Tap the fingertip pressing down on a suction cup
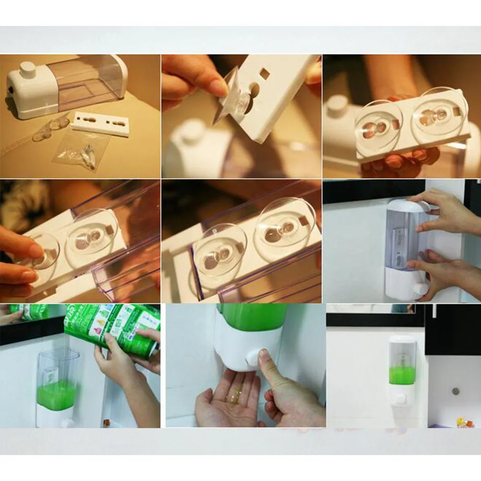[36, 251]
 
